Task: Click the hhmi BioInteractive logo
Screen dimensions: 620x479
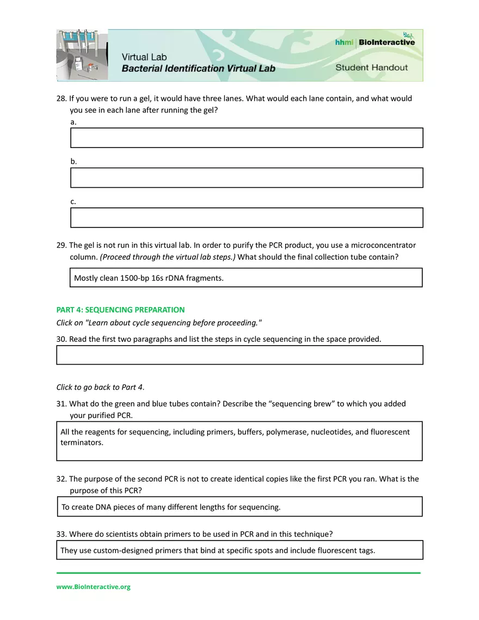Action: pyautogui.click(x=374, y=42)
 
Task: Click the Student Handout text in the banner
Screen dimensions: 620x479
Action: pyautogui.click(x=371, y=67)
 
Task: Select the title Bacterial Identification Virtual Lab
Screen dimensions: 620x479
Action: pyautogui.click(x=198, y=69)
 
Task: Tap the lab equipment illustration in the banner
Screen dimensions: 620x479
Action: pyautogui.click(x=82, y=55)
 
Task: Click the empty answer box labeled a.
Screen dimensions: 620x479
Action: pyautogui.click(x=247, y=138)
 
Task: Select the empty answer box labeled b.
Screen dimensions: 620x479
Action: pyautogui.click(x=247, y=177)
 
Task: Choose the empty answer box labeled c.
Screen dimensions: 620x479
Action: pyautogui.click(x=247, y=217)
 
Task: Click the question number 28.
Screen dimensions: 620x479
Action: pyautogui.click(x=61, y=99)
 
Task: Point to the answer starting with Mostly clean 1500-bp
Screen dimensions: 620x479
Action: pyautogui.click(x=149, y=278)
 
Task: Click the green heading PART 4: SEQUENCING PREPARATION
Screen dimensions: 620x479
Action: pyautogui.click(x=120, y=310)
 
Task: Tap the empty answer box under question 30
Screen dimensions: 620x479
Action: pyautogui.click(x=239, y=355)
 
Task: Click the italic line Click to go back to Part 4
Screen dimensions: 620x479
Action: pyautogui.click(x=100, y=387)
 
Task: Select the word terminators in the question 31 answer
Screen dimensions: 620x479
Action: pyautogui.click(x=82, y=443)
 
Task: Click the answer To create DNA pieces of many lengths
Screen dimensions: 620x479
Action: pyautogui.click(x=171, y=507)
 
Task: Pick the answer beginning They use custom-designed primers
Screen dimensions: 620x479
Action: pyautogui.click(x=217, y=550)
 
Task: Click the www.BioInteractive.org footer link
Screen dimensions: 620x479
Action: pyautogui.click(x=94, y=587)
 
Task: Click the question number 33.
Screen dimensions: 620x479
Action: pyautogui.click(x=61, y=533)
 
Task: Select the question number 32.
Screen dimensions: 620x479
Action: pyautogui.click(x=61, y=479)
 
